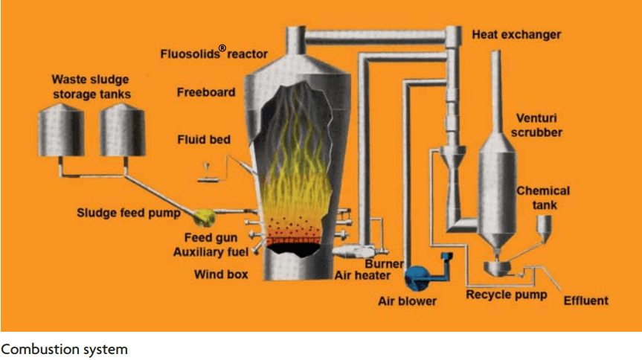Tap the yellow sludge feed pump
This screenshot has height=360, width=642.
click(202, 216)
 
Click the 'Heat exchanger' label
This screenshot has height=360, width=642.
click(516, 34)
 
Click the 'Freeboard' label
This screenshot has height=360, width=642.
click(205, 92)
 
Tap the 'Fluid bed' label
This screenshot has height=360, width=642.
click(204, 139)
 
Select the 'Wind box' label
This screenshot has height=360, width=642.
click(221, 274)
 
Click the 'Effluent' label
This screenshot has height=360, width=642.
click(585, 300)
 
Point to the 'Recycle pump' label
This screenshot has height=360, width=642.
click(506, 295)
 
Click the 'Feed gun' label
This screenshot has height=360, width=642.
click(211, 238)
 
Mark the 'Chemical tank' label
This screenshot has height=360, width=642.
click(543, 197)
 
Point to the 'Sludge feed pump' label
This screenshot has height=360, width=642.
click(129, 213)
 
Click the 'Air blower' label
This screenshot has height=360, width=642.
click(407, 301)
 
